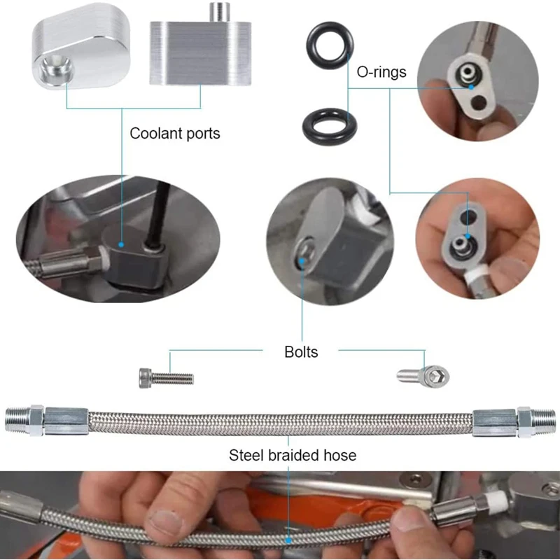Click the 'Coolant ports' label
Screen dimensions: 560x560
[174, 133]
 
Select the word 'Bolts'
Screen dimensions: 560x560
[301, 351]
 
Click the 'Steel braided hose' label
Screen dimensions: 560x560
[293, 455]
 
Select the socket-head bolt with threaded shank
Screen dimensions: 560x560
[166, 378]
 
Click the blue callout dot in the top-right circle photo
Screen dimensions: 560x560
[473, 88]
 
